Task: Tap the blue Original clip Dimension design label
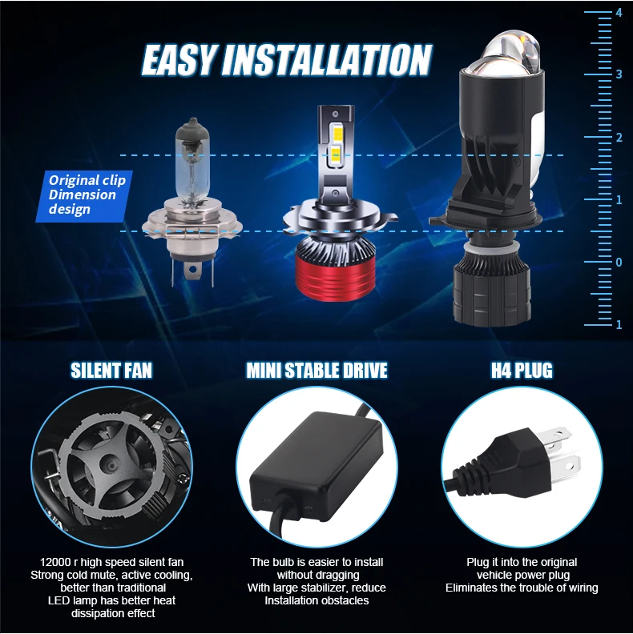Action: click(85, 196)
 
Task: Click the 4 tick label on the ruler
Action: click(619, 13)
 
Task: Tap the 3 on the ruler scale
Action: click(619, 74)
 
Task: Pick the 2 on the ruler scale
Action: click(619, 138)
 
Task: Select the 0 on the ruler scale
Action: click(619, 263)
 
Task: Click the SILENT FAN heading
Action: click(111, 371)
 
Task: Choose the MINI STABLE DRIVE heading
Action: click(317, 371)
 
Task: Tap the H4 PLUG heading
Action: click(522, 371)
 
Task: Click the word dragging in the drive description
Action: click(337, 576)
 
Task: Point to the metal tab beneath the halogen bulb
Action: click(192, 270)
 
